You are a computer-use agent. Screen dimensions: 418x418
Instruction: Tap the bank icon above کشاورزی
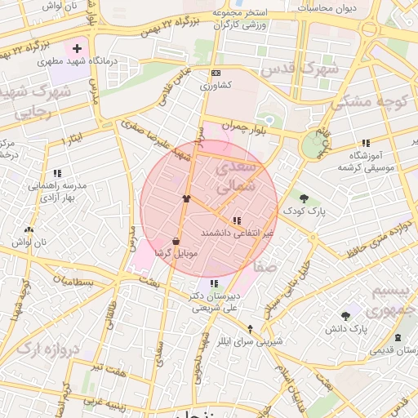[216, 73]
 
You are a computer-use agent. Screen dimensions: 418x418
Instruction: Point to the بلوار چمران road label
[247, 127]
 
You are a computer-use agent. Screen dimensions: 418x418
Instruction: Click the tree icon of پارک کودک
[304, 198]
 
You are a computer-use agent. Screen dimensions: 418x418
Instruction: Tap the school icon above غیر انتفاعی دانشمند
[237, 220]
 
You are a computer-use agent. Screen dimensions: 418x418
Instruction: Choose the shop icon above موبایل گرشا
[176, 241]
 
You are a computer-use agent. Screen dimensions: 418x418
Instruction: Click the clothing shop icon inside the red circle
[186, 198]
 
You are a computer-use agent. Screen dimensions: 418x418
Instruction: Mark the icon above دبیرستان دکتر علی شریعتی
[214, 283]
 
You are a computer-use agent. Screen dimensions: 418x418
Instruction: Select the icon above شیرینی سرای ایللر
[250, 328]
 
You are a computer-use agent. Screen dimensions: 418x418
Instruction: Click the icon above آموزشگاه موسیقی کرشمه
[365, 143]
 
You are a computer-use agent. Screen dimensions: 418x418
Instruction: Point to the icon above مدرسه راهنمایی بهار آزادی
[57, 173]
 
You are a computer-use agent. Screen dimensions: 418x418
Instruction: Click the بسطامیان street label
[75, 282]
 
